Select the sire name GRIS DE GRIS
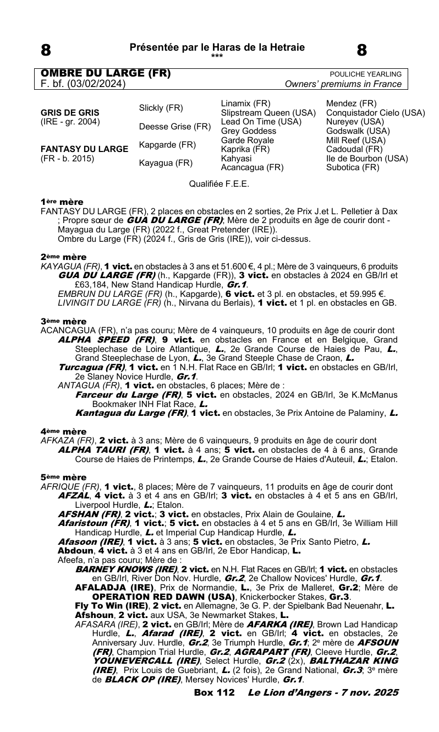click(x=64, y=112)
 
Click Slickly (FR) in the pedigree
click(x=161, y=107)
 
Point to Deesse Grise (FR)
click(x=175, y=127)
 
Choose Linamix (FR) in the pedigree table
click(x=245, y=104)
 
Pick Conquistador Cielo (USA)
click(x=376, y=113)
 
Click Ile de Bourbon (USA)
click(x=367, y=159)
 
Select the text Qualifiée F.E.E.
click(x=219, y=184)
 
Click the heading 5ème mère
click(x=63, y=477)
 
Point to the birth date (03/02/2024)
click(x=96, y=84)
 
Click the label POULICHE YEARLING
click(x=365, y=74)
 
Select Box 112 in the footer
click(x=215, y=708)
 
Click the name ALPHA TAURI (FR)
click(x=103, y=449)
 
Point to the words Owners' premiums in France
click(x=343, y=84)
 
